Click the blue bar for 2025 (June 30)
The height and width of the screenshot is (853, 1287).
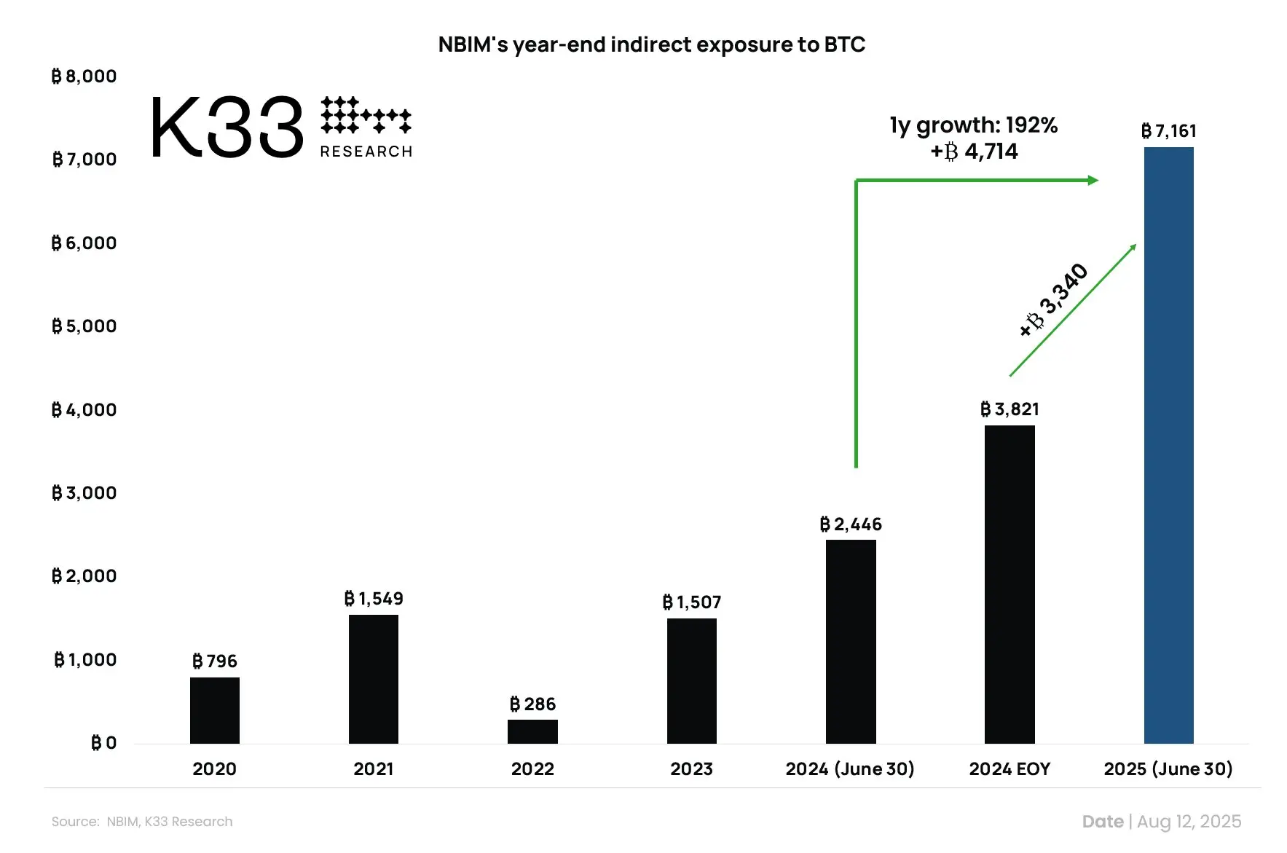click(x=1168, y=444)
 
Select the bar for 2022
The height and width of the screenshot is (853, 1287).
click(x=532, y=731)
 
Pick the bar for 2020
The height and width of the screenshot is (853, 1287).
click(x=215, y=710)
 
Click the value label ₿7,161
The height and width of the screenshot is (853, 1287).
click(x=1168, y=131)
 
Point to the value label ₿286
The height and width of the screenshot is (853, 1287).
click(x=532, y=704)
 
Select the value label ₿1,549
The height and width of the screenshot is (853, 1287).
click(x=374, y=599)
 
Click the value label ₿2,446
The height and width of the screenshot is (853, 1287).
click(x=851, y=524)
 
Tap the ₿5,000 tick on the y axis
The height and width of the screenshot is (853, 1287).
click(x=84, y=326)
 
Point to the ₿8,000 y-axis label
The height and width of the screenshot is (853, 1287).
click(x=84, y=76)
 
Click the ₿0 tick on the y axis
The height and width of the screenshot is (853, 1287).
click(x=103, y=743)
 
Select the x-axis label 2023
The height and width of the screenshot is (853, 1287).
click(x=691, y=769)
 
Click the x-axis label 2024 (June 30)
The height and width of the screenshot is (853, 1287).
click(x=850, y=769)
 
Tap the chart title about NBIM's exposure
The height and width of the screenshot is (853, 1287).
click(x=651, y=44)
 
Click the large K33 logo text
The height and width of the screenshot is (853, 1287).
click(x=227, y=128)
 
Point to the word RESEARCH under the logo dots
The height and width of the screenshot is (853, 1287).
click(x=366, y=152)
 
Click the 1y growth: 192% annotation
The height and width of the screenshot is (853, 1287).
click(x=973, y=125)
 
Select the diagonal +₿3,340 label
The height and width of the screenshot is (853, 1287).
click(x=1053, y=300)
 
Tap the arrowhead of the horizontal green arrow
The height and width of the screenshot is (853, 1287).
click(x=1093, y=180)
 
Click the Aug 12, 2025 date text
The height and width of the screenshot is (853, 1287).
click(x=1189, y=822)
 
